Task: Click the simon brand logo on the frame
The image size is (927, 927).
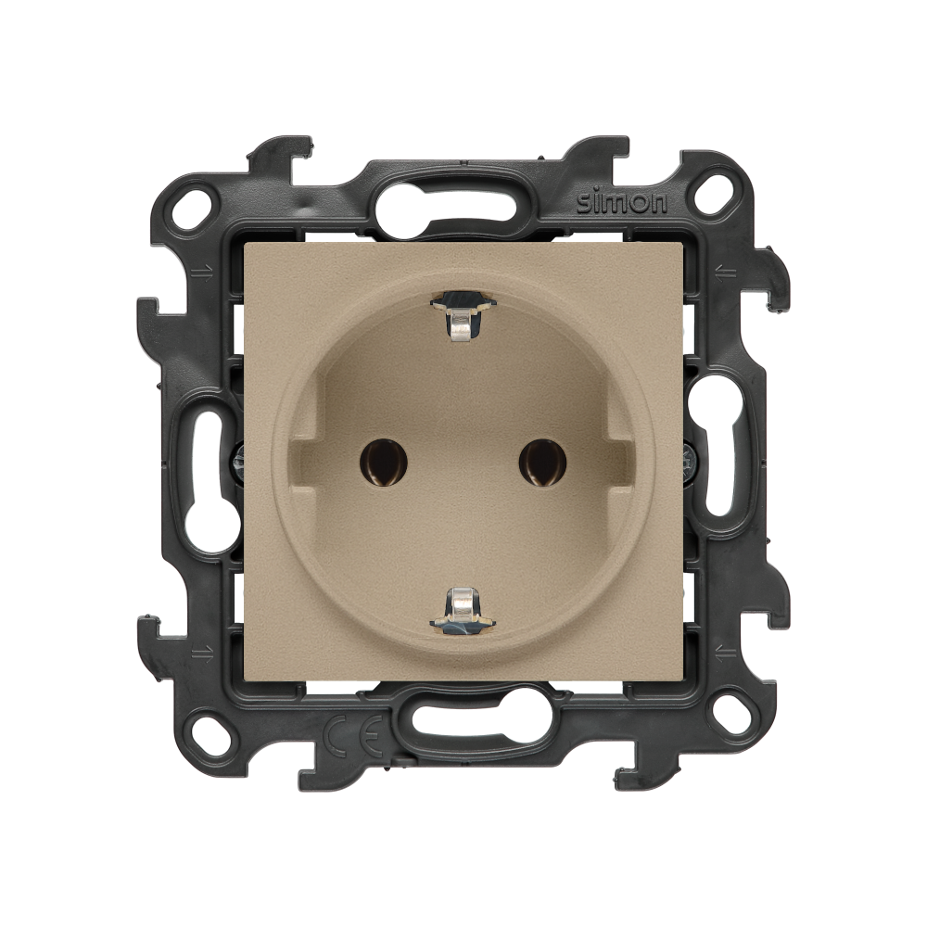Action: click(621, 203)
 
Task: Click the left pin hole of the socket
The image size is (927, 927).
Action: click(384, 463)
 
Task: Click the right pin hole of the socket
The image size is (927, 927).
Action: click(542, 463)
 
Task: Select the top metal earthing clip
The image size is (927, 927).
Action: click(463, 316)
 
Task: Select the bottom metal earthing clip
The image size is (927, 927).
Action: click(463, 611)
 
